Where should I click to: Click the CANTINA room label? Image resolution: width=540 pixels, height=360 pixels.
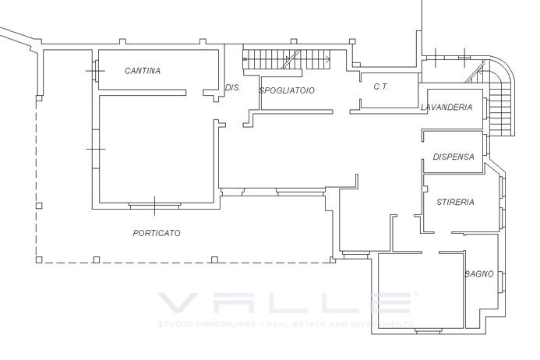[143, 71]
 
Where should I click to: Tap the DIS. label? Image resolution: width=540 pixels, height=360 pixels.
[232, 87]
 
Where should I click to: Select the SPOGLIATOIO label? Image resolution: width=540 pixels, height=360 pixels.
[287, 90]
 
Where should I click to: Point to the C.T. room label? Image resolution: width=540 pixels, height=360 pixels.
[381, 86]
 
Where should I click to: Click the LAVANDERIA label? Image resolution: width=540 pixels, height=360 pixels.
[446, 107]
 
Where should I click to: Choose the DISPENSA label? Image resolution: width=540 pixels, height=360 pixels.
[454, 157]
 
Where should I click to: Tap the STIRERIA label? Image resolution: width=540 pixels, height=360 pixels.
[455, 202]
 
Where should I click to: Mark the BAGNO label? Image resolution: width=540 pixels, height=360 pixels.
[479, 274]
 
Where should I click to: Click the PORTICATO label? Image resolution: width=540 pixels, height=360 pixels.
[157, 233]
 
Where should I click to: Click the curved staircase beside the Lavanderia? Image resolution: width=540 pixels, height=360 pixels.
[496, 100]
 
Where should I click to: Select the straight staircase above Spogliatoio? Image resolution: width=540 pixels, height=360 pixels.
[287, 59]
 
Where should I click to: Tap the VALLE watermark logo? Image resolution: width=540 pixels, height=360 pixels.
[286, 302]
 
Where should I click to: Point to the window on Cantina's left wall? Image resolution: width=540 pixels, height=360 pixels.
[95, 71]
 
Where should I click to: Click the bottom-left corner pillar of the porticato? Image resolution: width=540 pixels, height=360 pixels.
[39, 259]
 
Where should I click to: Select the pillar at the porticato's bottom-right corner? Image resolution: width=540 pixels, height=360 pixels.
[333, 259]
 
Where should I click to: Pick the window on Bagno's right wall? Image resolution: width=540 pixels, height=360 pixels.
[502, 282]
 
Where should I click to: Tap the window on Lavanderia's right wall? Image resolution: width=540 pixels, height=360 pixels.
[485, 108]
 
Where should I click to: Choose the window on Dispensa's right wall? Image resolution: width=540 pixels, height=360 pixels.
[485, 145]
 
